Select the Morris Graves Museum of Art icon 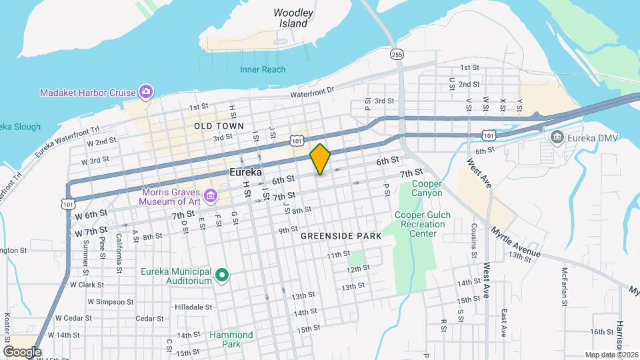(x=211, y=195)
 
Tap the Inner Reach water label (x=263, y=69)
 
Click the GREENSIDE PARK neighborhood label (x=341, y=236)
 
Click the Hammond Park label (x=231, y=339)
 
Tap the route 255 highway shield (x=397, y=55)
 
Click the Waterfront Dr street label (x=311, y=95)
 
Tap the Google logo (x=21, y=351)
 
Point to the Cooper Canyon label (x=427, y=188)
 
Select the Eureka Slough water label (x=20, y=127)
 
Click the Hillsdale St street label (x=193, y=307)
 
